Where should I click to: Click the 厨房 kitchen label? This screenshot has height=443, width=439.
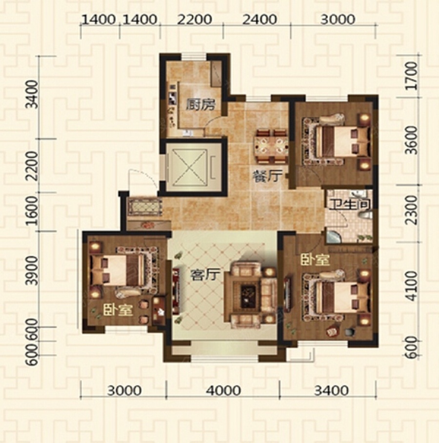click(x=200, y=105)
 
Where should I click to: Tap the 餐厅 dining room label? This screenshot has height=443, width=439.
click(x=267, y=177)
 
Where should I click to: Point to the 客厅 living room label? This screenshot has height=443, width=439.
click(x=205, y=274)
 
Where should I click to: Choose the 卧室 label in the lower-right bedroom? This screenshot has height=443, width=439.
click(x=315, y=260)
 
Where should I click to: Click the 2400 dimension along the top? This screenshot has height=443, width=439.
click(x=259, y=20)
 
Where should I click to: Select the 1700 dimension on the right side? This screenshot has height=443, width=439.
click(x=412, y=76)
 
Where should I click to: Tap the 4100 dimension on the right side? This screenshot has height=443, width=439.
click(x=412, y=286)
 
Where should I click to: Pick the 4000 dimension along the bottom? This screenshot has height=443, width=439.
click(x=223, y=391)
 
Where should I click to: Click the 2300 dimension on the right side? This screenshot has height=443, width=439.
click(x=412, y=210)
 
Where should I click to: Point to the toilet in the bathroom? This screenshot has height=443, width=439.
click(x=366, y=215)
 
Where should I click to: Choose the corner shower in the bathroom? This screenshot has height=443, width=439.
click(x=333, y=237)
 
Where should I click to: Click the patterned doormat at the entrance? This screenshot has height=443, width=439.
click(x=145, y=207)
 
